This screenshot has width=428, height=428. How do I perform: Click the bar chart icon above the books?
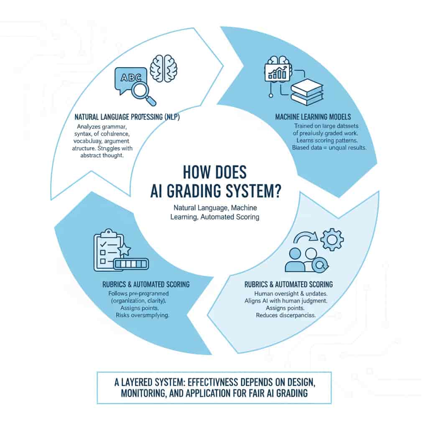278,72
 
